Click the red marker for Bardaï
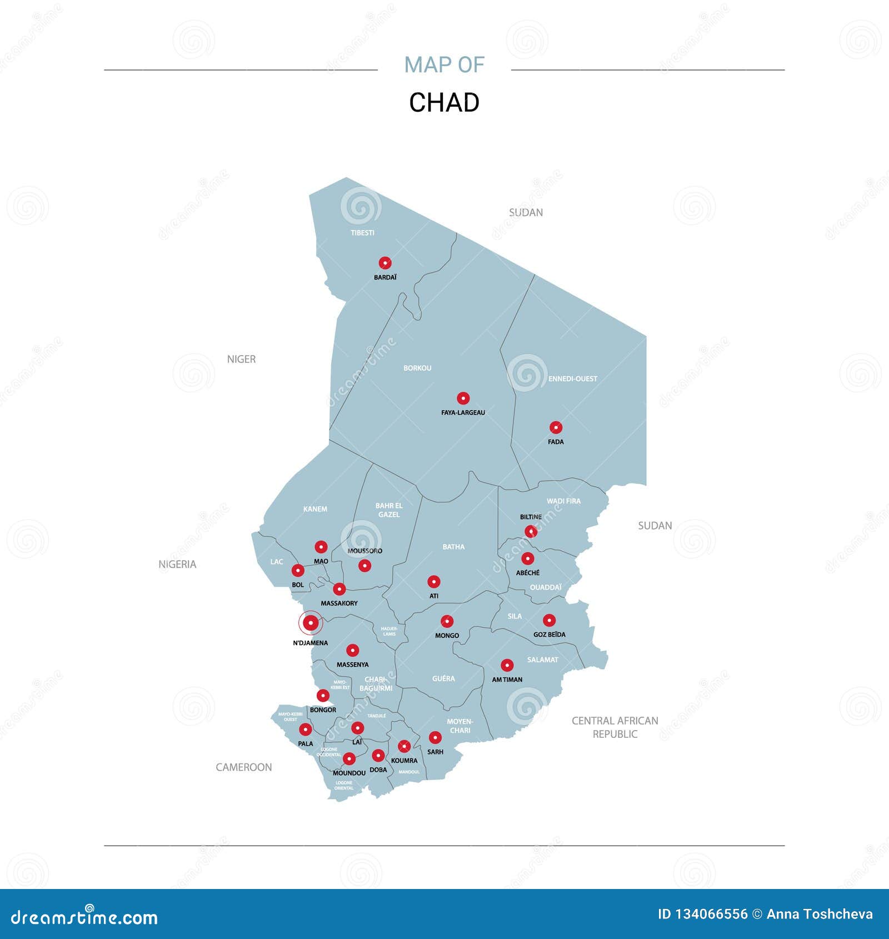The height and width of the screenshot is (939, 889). click(385, 263)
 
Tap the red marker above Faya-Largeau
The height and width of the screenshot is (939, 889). click(463, 398)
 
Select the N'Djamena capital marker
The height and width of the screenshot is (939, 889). click(311, 623)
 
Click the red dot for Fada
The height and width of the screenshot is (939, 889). click(556, 427)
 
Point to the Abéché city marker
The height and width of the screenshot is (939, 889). click(527, 558)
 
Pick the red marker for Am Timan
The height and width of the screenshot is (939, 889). click(507, 665)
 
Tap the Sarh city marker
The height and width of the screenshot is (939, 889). click(435, 738)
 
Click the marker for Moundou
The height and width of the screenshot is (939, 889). click(349, 758)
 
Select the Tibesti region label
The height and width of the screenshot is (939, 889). click(362, 233)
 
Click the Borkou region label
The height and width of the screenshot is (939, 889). click(417, 368)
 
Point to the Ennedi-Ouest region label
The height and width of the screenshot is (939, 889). click(572, 379)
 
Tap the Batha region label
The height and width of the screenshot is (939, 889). click(453, 547)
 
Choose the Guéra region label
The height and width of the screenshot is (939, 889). click(443, 678)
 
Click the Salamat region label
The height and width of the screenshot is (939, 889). click(542, 660)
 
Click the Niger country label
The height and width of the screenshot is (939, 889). click(241, 359)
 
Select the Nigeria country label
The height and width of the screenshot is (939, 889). click(177, 564)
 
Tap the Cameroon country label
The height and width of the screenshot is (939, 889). click(243, 767)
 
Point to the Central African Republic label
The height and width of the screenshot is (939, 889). click(615, 727)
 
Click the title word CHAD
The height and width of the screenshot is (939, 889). click(444, 102)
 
